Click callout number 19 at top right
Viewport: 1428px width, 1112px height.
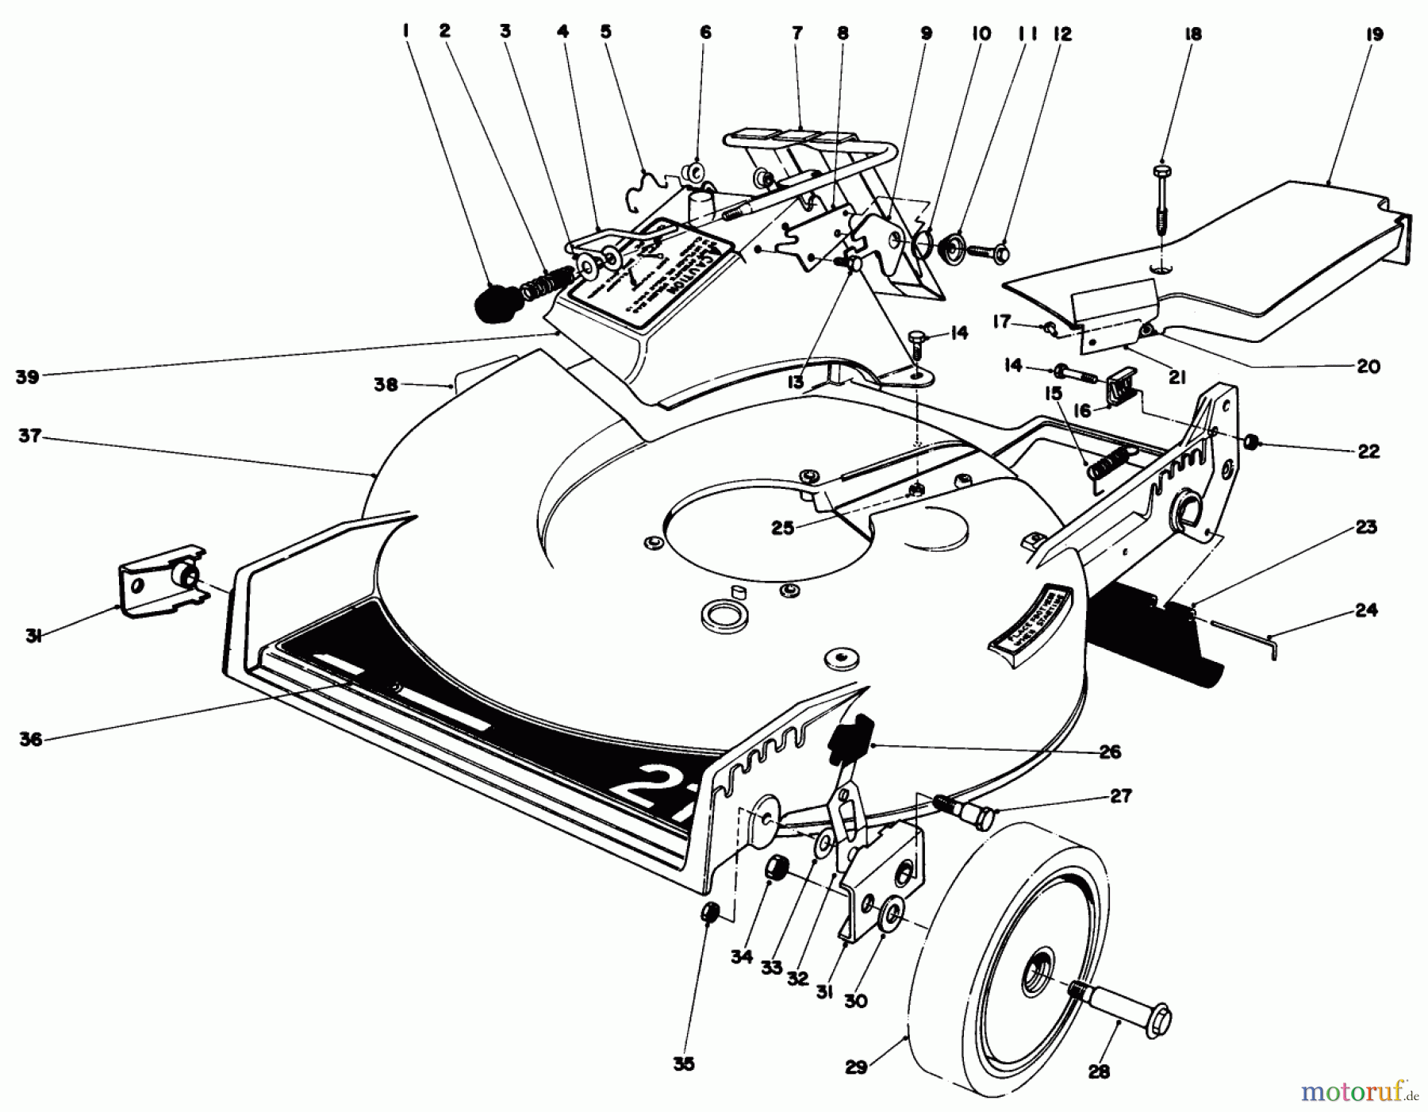pyautogui.click(x=1375, y=34)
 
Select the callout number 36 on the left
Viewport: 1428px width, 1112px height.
pyautogui.click(x=30, y=739)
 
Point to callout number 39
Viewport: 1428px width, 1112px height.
pyautogui.click(x=27, y=378)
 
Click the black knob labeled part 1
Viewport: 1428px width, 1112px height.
pyautogui.click(x=493, y=303)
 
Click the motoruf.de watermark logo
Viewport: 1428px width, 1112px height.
pyautogui.click(x=1357, y=1091)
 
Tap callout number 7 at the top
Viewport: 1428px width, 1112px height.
pyautogui.click(x=797, y=33)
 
